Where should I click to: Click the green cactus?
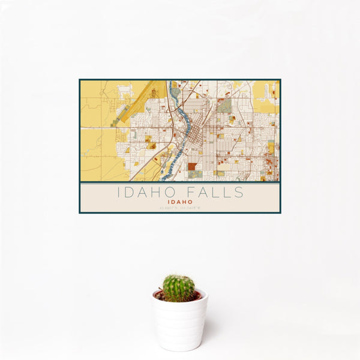coord(179,288)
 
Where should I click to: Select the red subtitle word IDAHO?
coord(180,202)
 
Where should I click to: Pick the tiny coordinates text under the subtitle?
coord(180,208)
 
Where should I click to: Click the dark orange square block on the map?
coord(191,166)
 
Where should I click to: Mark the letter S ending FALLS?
coord(239,193)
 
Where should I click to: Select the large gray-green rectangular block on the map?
coord(224,106)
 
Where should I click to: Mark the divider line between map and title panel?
coord(180,182)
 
